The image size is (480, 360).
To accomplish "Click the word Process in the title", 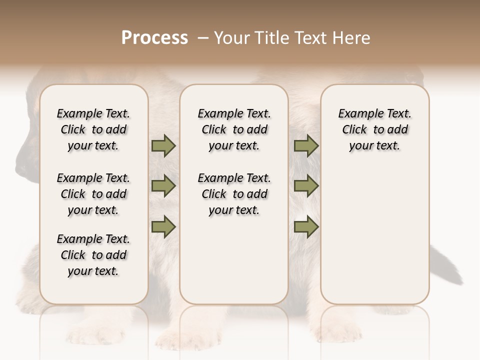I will coord(154,38).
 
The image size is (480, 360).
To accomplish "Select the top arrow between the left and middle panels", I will coord(163,146).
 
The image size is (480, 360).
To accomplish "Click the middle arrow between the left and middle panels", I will coord(163,186).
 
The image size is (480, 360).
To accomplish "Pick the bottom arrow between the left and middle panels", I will coord(163,226).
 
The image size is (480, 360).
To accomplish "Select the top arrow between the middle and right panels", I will coord(306,146).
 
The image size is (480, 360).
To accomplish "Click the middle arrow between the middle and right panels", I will coord(306,186).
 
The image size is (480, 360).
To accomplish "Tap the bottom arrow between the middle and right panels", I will coord(306,226).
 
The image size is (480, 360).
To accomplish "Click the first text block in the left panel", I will coord(93,129).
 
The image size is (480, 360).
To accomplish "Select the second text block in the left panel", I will coord(93,194).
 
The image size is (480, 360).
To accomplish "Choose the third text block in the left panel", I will coord(93,255).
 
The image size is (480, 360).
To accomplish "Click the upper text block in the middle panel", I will coord(234,129).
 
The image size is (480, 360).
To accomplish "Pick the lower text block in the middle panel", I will coord(234,194).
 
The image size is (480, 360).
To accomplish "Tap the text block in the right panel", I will coord(374,129).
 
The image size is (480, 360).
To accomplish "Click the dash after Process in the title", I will coord(203,38).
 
